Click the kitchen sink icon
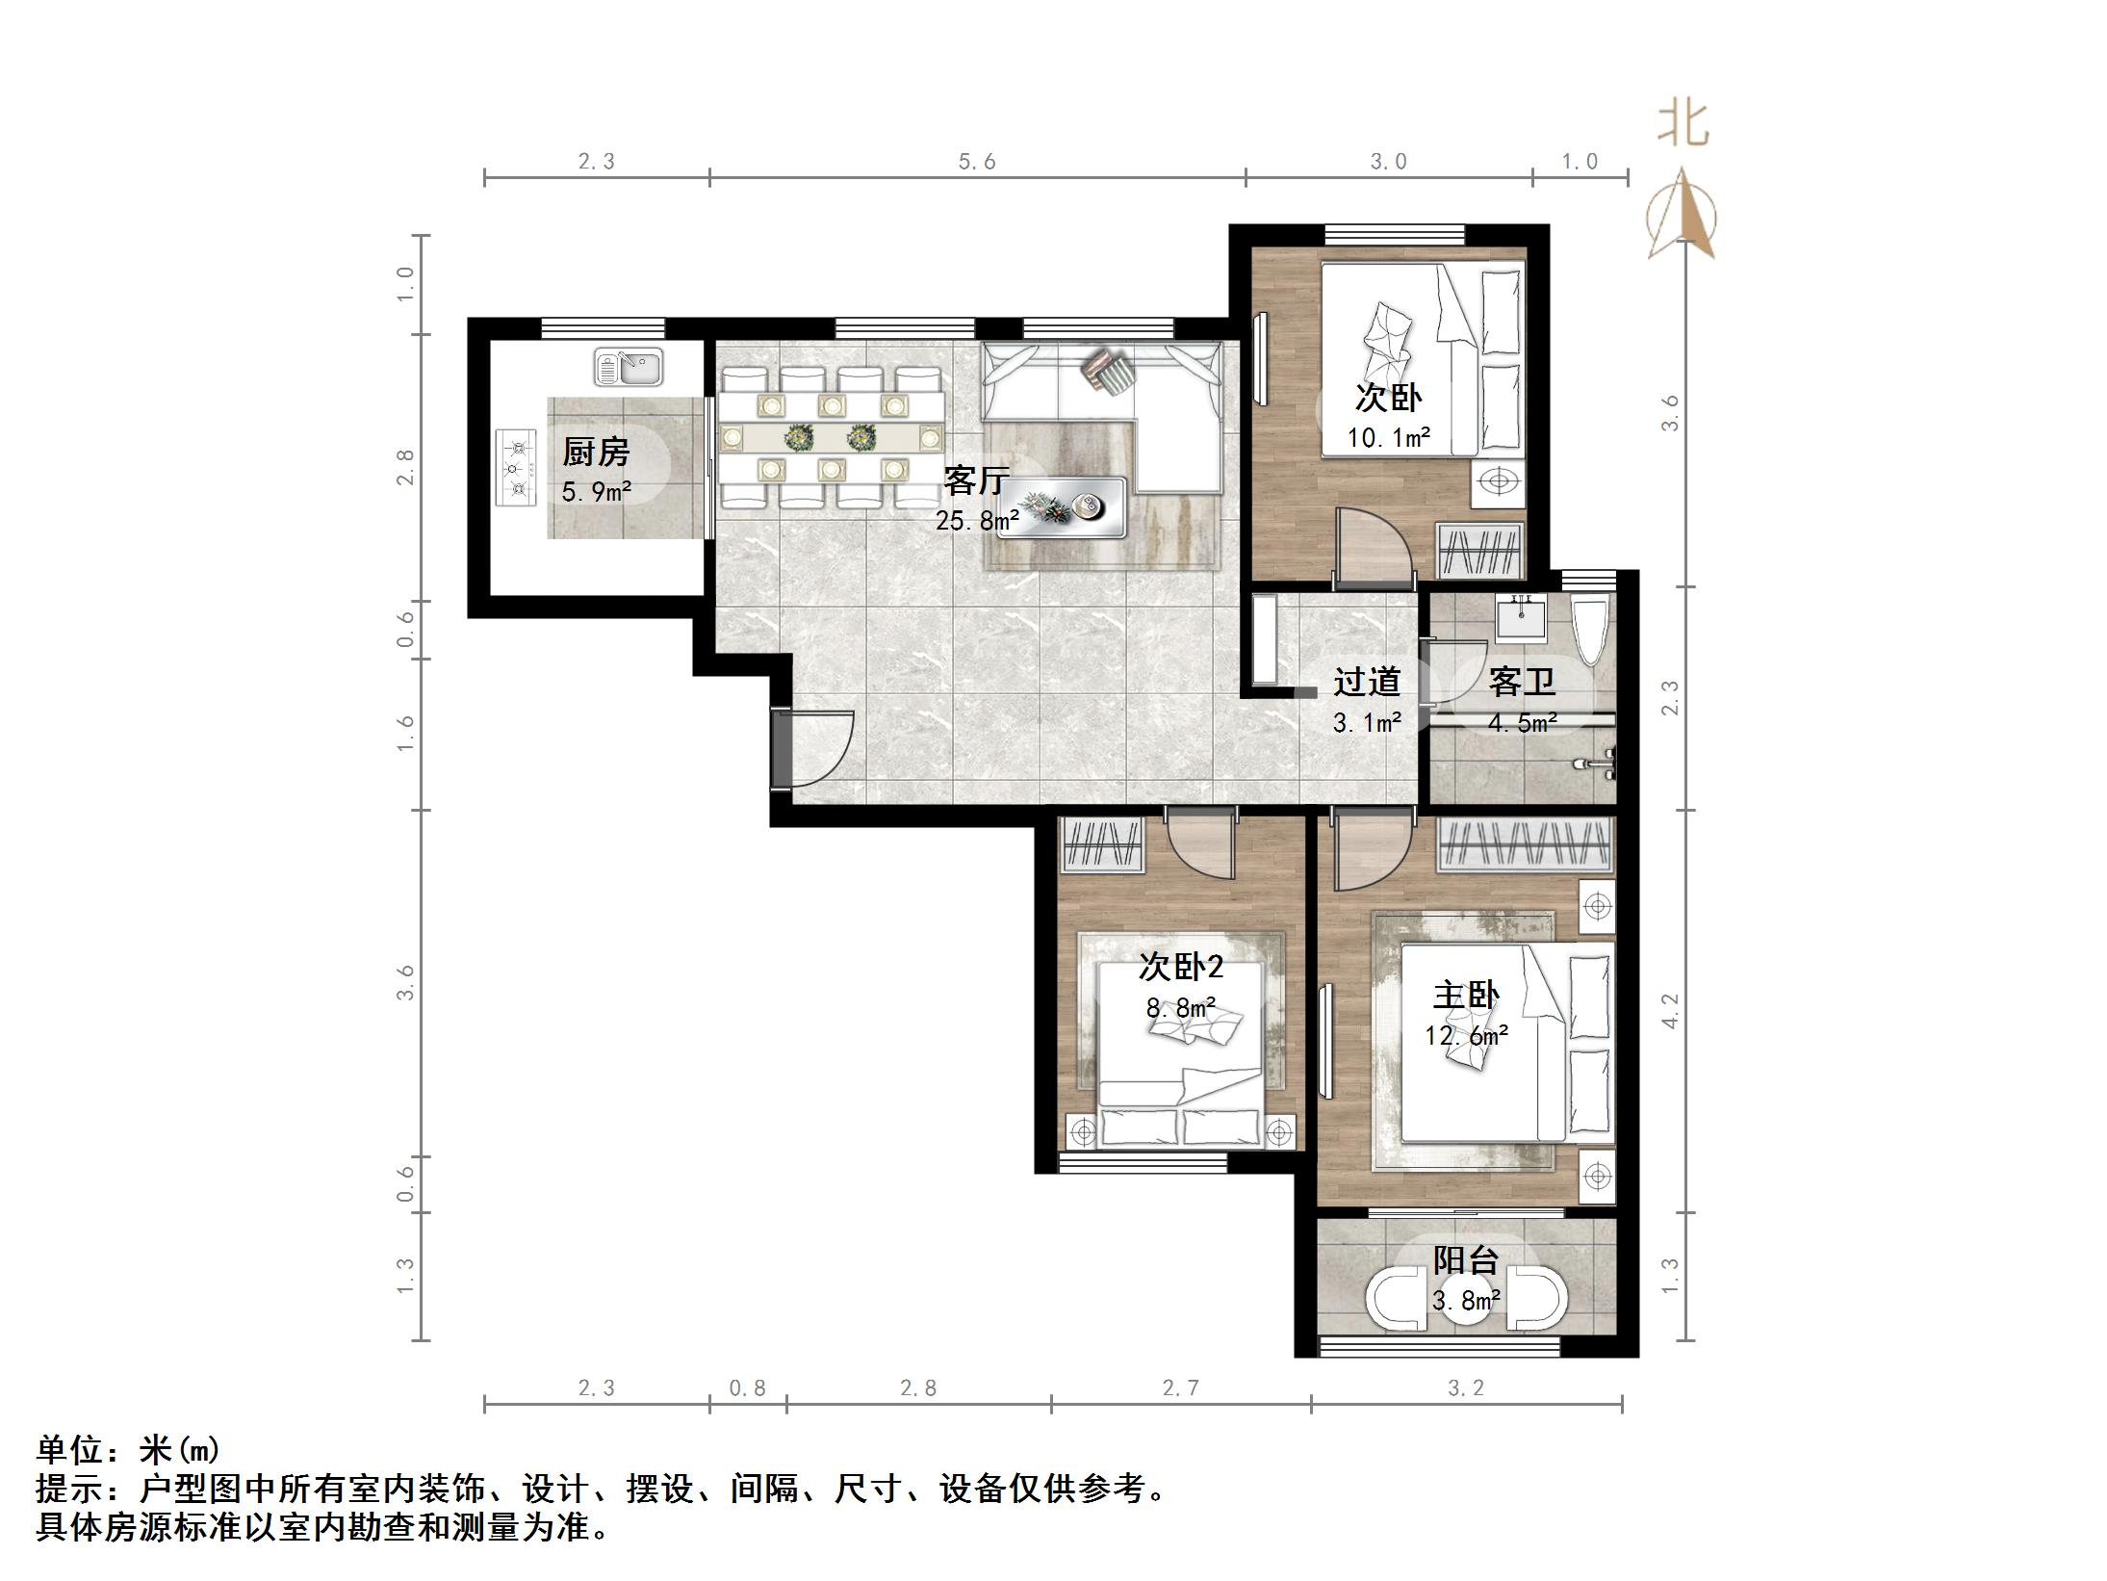pyautogui.click(x=629, y=367)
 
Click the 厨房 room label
pyautogui.click(x=596, y=452)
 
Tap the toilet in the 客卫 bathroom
pyautogui.click(x=1588, y=630)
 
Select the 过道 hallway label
pyautogui.click(x=1366, y=682)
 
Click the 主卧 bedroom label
pyautogui.click(x=1466, y=995)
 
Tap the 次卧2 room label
pyautogui.click(x=1180, y=966)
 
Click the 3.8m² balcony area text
pyautogui.click(x=1466, y=1301)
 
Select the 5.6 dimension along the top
pyautogui.click(x=977, y=162)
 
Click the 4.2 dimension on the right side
pyautogui.click(x=1670, y=1011)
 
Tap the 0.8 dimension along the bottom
pyautogui.click(x=747, y=1387)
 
